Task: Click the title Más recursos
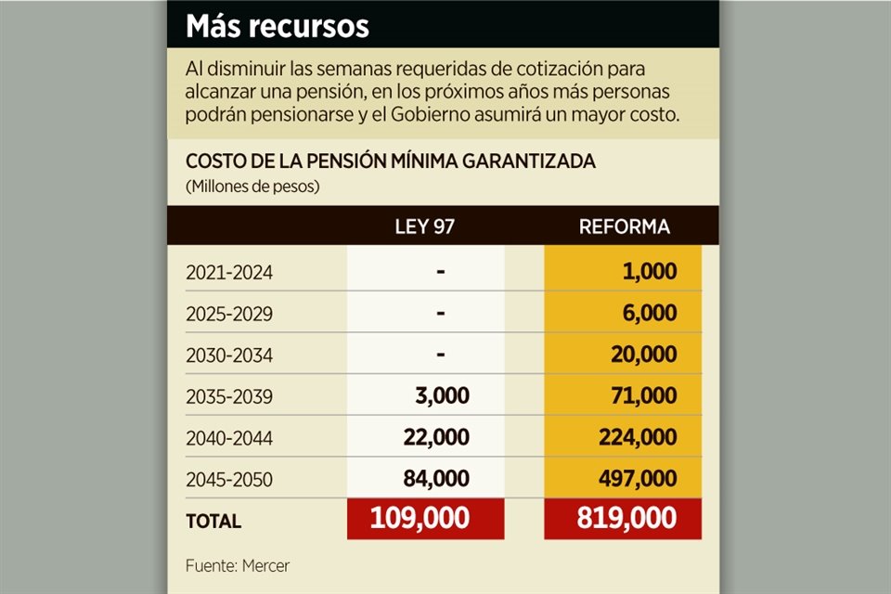click(x=278, y=26)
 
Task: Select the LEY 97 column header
click(x=425, y=226)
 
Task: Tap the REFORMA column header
click(x=624, y=226)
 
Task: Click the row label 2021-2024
click(x=229, y=273)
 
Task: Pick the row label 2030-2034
click(x=229, y=355)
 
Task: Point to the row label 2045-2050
click(x=229, y=480)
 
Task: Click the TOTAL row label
click(x=213, y=522)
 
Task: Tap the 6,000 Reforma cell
click(x=649, y=314)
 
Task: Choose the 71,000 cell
click(x=643, y=396)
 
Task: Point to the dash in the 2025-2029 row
click(x=440, y=314)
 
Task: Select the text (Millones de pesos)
click(x=252, y=187)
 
